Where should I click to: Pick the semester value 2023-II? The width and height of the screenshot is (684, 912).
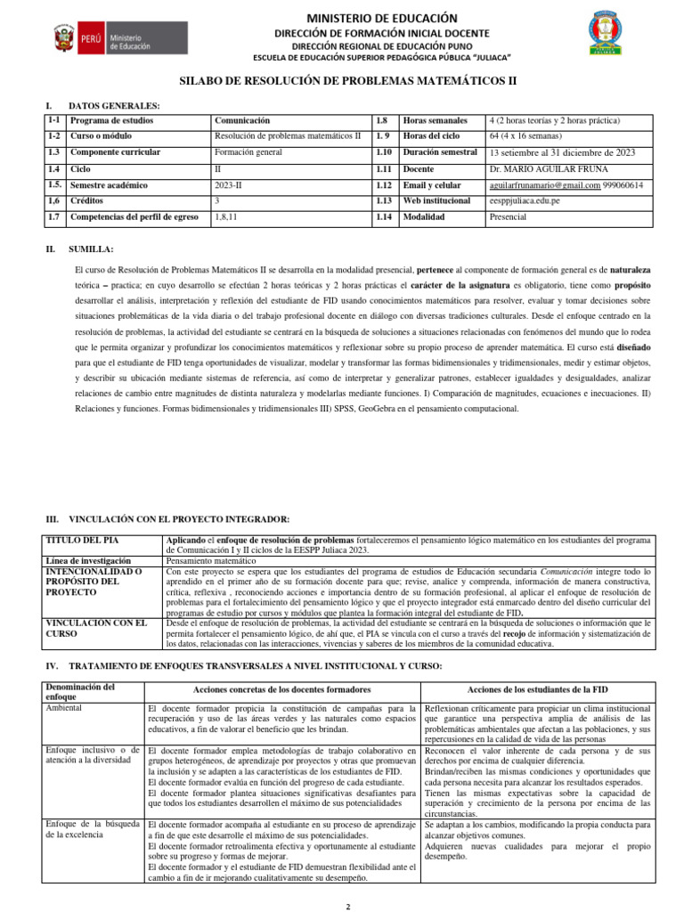231,185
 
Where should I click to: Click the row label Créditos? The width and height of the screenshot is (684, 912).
88,201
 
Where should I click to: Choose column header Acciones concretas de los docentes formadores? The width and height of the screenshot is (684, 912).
282,690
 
